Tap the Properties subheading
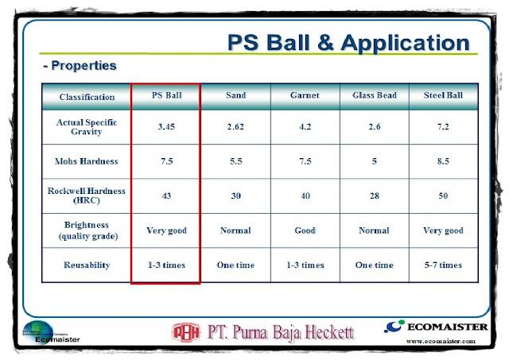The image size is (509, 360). click(80, 66)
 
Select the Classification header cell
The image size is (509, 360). click(87, 97)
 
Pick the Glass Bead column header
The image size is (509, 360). click(374, 96)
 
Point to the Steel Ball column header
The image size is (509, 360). click(443, 96)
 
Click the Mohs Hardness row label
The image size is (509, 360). click(87, 161)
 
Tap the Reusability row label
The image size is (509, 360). click(87, 265)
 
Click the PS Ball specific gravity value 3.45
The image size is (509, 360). click(165, 126)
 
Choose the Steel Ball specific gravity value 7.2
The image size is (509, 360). click(443, 126)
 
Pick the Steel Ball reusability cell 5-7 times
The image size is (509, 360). click(443, 265)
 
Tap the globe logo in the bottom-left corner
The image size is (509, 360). click(45, 330)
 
